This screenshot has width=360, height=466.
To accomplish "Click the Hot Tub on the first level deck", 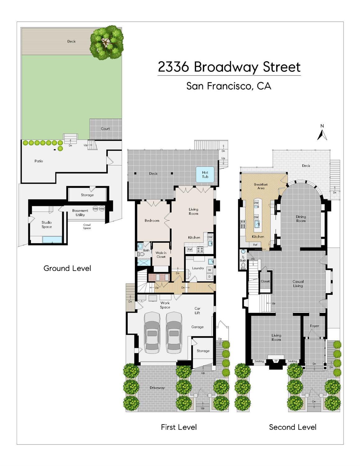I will (205, 174).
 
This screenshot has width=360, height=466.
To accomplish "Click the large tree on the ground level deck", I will (107, 43).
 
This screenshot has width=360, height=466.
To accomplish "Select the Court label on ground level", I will (105, 129).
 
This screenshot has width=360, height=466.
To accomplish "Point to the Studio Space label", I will (47, 224).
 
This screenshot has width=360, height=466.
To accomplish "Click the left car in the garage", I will (152, 332).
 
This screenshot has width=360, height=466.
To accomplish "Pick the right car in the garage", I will (174, 332).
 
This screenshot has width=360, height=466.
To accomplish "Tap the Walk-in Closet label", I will (161, 255).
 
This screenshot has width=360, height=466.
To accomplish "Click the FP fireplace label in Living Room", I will (276, 361).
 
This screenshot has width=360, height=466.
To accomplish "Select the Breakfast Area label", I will (261, 186).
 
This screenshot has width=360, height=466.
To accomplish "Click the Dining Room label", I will (301, 219).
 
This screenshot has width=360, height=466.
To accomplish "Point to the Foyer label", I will (314, 326).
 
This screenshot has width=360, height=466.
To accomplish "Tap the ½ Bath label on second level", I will (243, 259).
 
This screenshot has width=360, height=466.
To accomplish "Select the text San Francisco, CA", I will (229, 86).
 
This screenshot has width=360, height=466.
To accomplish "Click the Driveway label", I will (157, 388).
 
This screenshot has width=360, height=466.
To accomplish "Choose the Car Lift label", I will (197, 311).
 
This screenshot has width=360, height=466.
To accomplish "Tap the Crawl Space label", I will (87, 227).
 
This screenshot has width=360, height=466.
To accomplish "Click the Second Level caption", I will (293, 427).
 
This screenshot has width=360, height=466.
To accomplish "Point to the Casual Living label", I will (298, 284).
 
